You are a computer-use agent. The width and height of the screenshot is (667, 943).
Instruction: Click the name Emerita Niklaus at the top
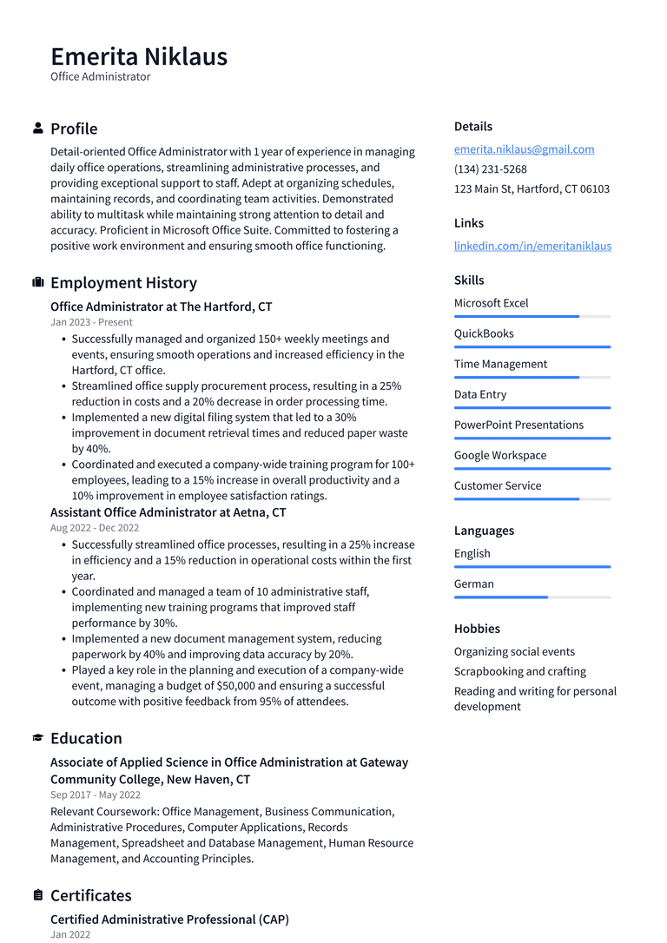139,56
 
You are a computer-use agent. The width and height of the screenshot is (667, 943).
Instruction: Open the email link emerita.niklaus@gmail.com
524,149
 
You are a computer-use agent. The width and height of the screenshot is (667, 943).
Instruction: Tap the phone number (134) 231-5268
490,169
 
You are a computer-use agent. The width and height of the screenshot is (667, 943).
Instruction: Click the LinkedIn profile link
532,246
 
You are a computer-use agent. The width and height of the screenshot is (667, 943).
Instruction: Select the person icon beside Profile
38,129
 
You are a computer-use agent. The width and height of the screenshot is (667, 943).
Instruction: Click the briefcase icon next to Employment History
38,283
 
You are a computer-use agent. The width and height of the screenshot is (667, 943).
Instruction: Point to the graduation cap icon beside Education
38,738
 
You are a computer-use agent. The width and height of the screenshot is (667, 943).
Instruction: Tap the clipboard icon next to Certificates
38,895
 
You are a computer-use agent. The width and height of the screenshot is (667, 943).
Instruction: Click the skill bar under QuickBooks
532,346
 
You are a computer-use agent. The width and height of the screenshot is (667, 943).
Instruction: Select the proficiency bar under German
532,597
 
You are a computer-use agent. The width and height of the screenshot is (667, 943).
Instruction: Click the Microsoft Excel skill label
491,303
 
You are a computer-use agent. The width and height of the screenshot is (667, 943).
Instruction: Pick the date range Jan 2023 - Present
91,322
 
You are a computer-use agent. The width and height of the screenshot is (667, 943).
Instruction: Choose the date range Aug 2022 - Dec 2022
95,528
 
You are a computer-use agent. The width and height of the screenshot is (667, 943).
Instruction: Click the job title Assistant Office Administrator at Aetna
168,512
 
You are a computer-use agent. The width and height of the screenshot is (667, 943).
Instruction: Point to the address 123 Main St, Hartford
532,189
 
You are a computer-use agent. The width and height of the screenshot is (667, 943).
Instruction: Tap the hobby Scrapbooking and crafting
519,671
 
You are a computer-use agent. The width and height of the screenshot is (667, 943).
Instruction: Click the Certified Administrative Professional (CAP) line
169,920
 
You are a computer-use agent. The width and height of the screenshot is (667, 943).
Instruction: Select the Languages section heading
484,531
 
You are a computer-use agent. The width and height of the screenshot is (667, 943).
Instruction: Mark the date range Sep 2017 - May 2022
96,795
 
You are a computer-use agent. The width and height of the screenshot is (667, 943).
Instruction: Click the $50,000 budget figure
241,686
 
